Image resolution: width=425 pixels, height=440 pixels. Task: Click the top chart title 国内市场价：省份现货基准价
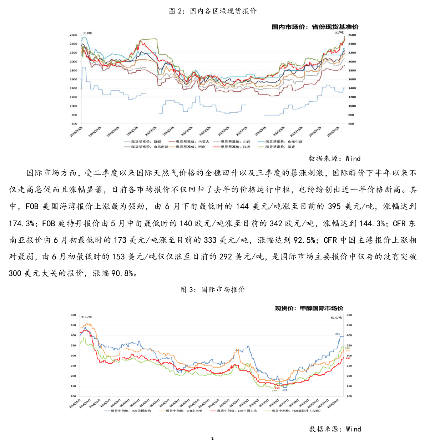(x=315, y=27)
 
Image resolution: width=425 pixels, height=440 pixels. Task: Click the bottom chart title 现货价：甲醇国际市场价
(x=309, y=308)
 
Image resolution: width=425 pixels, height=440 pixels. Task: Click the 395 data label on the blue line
(x=338, y=334)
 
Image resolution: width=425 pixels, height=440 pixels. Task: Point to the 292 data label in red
(x=348, y=358)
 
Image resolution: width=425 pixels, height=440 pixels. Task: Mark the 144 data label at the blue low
(x=285, y=390)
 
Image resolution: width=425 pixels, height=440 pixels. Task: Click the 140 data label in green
(x=274, y=390)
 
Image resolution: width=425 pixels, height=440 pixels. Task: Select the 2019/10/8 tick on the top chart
(x=76, y=131)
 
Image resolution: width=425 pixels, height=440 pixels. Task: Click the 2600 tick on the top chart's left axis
(x=73, y=35)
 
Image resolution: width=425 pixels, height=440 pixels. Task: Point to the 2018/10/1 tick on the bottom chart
(x=75, y=403)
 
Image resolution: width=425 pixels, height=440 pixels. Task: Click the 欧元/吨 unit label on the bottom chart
(x=336, y=317)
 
